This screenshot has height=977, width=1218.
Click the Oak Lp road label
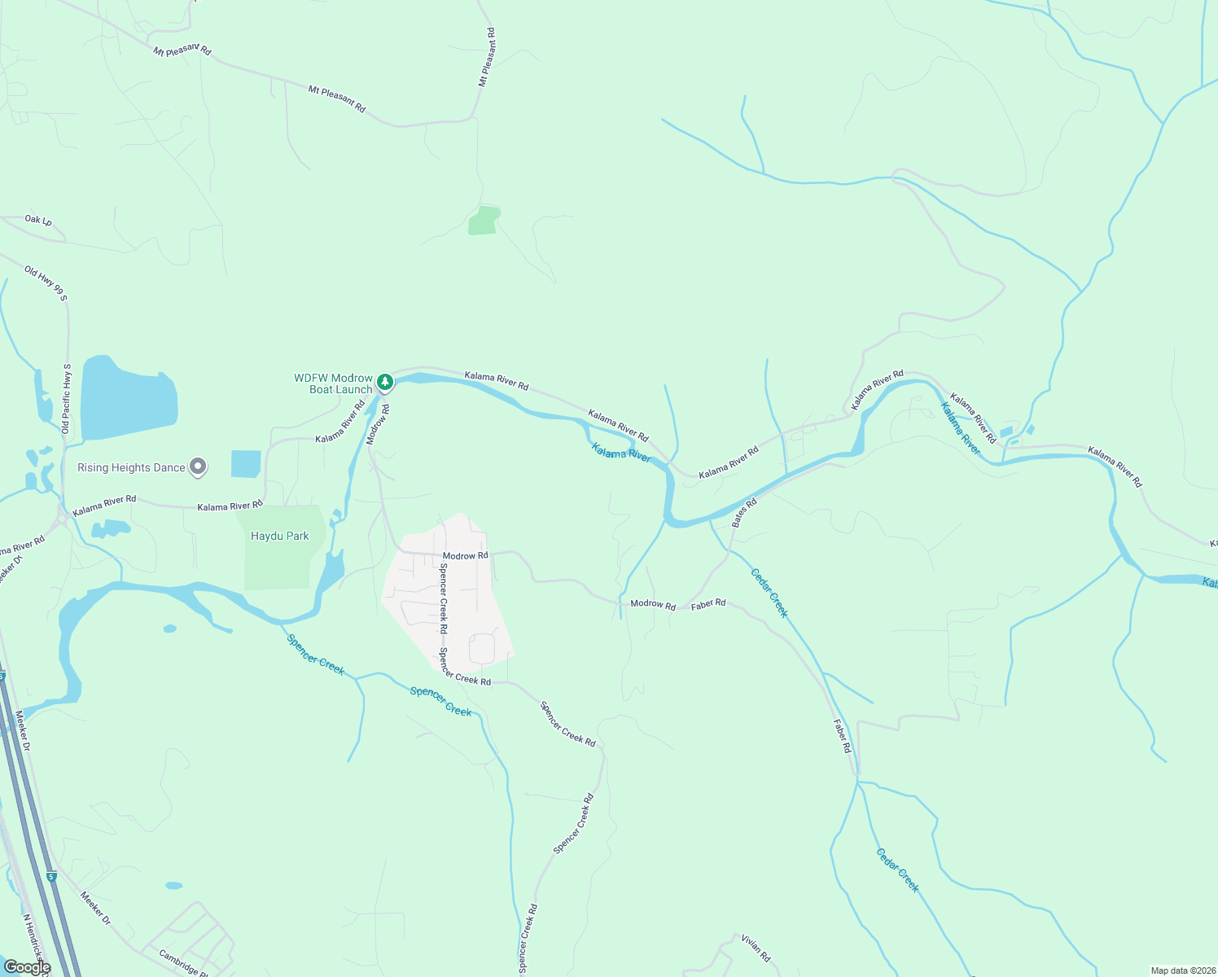(38, 220)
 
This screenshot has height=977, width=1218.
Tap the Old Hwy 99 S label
(46, 283)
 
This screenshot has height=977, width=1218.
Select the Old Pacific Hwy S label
(67, 398)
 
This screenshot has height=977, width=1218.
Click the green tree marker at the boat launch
(385, 381)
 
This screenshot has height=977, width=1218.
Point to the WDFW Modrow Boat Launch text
(333, 383)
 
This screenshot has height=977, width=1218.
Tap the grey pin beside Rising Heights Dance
(198, 467)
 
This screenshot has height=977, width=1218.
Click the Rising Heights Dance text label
(131, 467)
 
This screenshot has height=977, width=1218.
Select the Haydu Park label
(279, 536)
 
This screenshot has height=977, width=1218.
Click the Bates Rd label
(744, 513)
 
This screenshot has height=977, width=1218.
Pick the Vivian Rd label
(756, 948)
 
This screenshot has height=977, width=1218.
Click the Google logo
(27, 967)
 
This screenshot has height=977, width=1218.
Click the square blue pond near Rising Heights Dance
(246, 463)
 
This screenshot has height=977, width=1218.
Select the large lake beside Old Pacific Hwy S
(128, 397)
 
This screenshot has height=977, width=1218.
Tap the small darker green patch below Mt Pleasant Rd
(484, 221)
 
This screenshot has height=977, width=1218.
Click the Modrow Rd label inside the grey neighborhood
(465, 555)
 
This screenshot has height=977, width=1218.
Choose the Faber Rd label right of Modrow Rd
(708, 603)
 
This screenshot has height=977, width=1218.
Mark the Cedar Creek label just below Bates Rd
(769, 593)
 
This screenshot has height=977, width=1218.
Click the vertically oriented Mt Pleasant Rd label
(487, 57)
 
